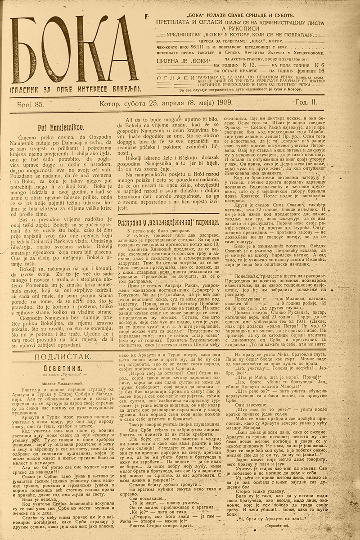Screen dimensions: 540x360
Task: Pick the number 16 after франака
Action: [x=321, y=71]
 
